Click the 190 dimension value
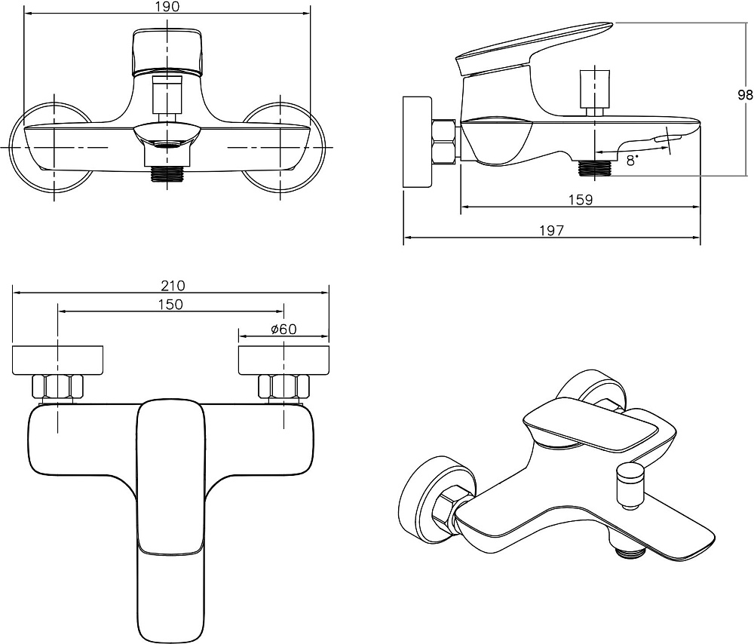pyautogui.click(x=167, y=7)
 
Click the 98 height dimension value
pyautogui.click(x=745, y=95)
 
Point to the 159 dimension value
pyautogui.click(x=581, y=200)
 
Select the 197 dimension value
pyautogui.click(x=551, y=232)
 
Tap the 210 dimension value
pyautogui.click(x=173, y=286)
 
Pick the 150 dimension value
pyautogui.click(x=170, y=305)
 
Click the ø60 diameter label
pyautogui.click(x=284, y=329)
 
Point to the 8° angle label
pyautogui.click(x=632, y=159)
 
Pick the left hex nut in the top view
pyautogui.click(x=57, y=387)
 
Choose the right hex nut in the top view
pyautogui.click(x=284, y=387)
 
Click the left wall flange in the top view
pyautogui.click(x=58, y=360)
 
